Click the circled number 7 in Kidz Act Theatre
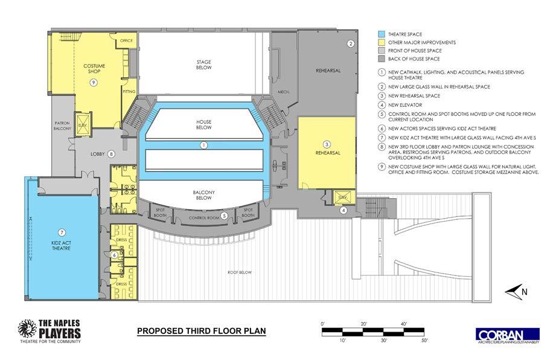point(61,233)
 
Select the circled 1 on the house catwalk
point(204,145)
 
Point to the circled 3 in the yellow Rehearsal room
point(327,144)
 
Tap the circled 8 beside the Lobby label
point(111,153)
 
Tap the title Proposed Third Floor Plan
point(201,331)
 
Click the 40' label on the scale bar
point(405,324)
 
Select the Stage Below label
point(203,65)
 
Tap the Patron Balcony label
point(63,123)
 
